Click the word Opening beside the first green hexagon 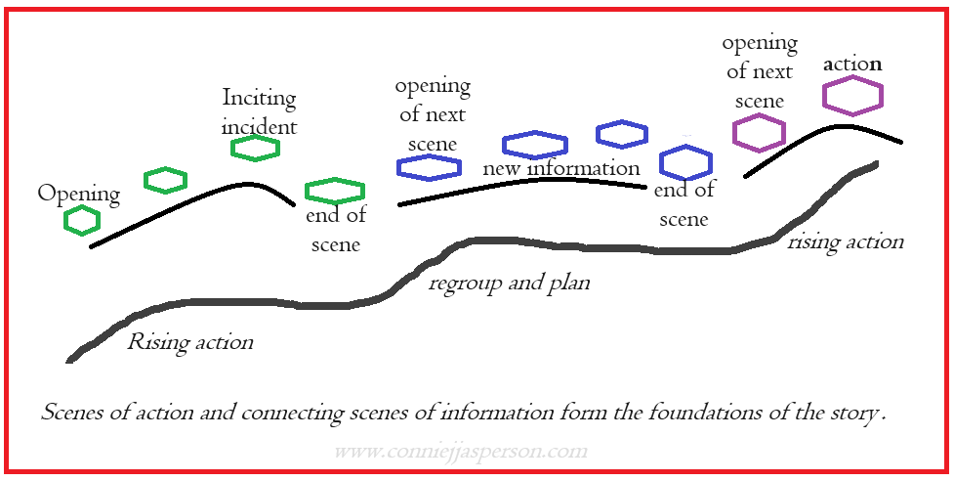(79, 194)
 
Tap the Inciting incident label (259, 111)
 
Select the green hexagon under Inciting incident (256, 148)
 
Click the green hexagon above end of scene (335, 191)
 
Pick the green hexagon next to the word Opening (82, 221)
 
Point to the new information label (561, 168)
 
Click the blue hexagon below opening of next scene (429, 167)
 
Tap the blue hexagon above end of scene (685, 162)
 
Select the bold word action (852, 65)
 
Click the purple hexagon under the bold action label (852, 96)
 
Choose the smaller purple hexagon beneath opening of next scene (760, 133)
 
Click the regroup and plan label (509, 284)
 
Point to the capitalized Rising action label (190, 342)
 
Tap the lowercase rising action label (846, 241)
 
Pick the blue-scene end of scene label (684, 204)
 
